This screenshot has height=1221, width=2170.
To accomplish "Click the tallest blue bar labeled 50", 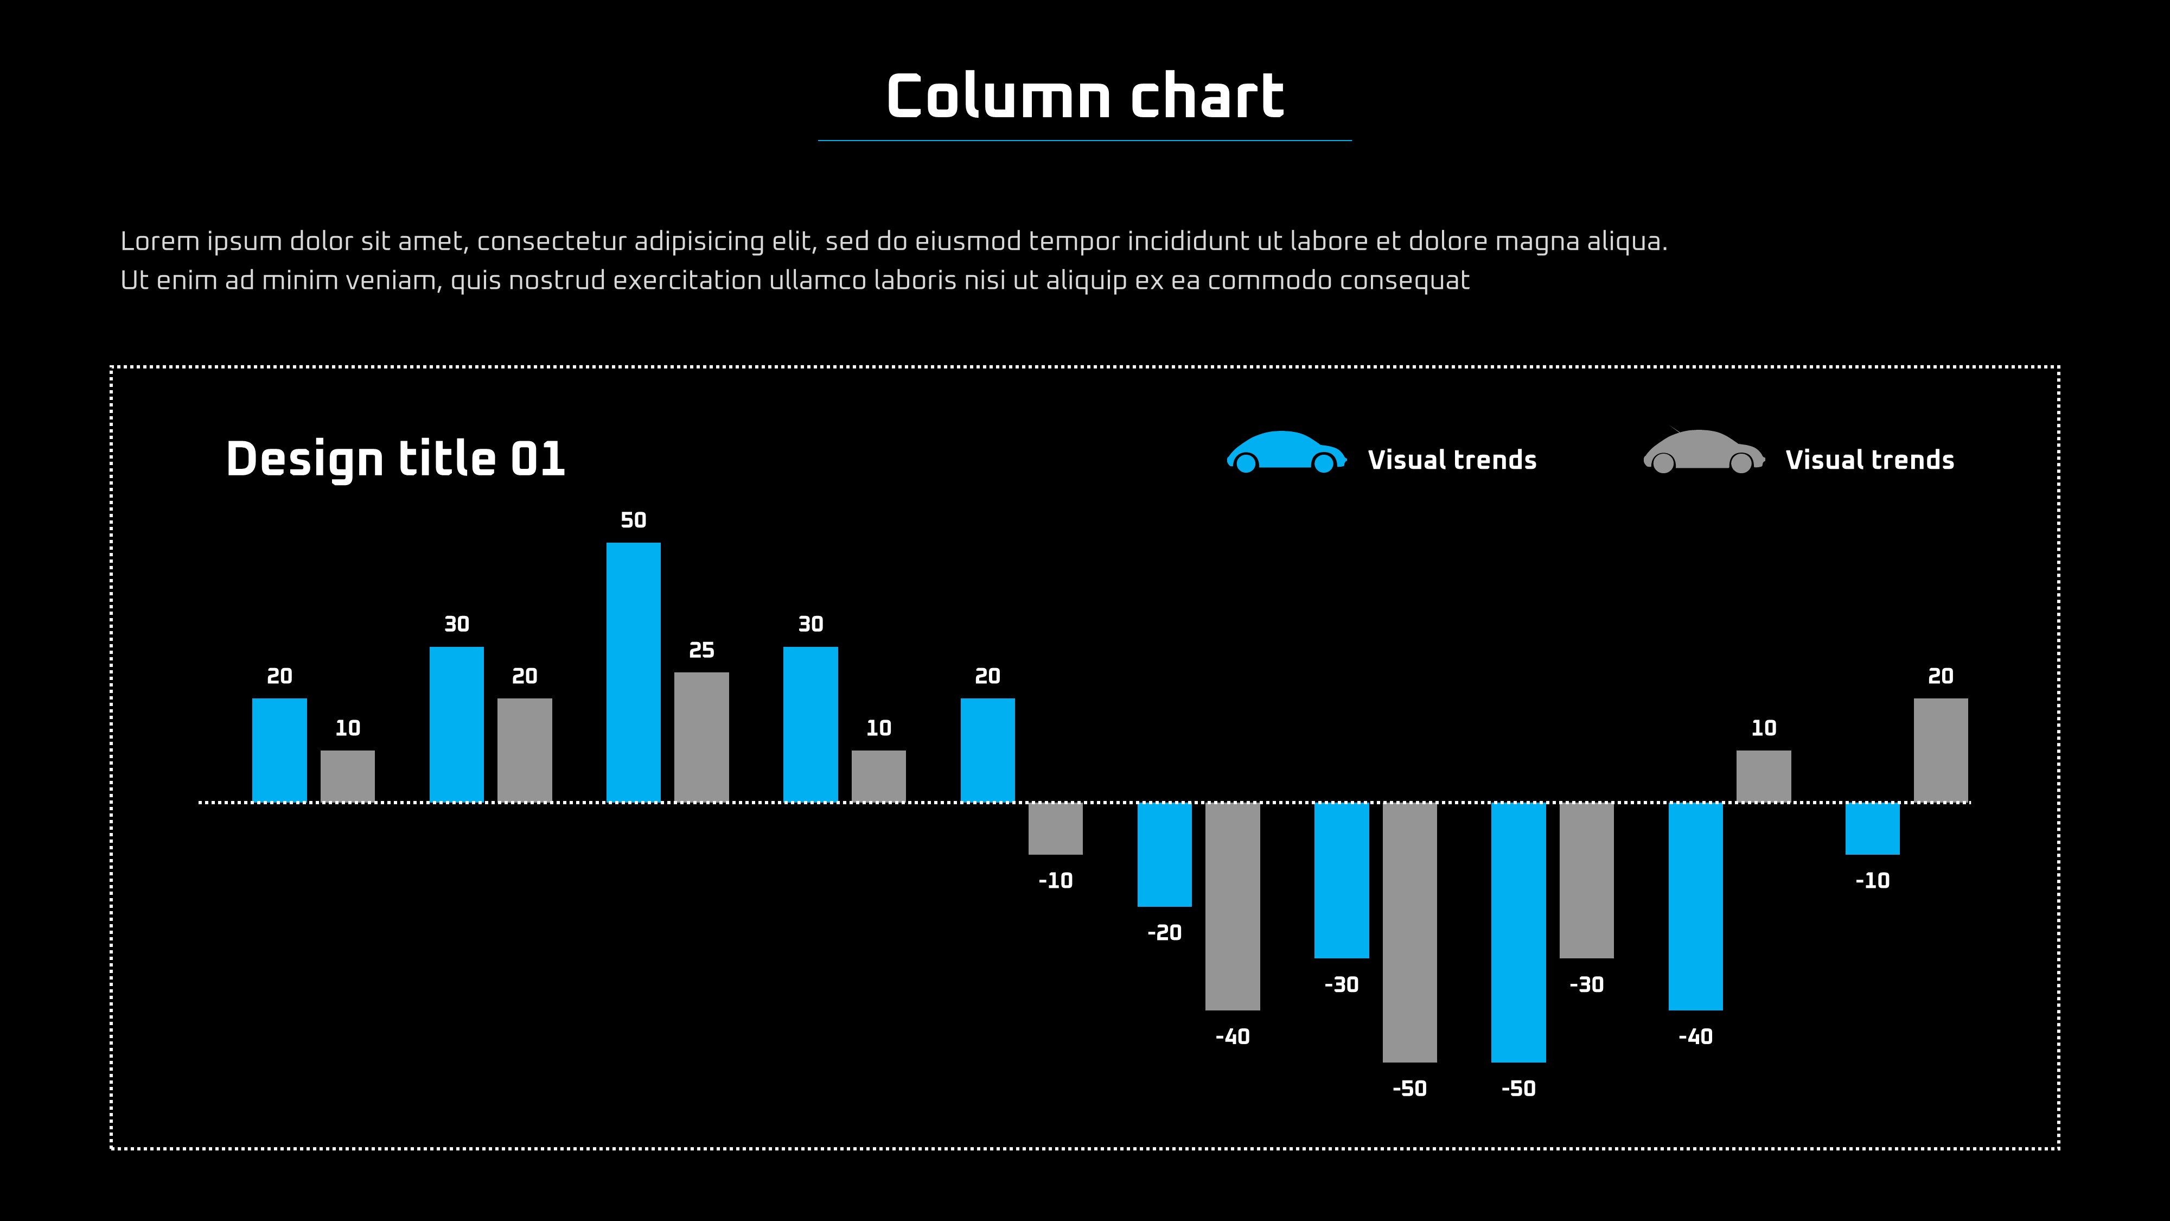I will coord(634,672).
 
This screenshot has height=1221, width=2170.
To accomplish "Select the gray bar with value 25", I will coord(701,736).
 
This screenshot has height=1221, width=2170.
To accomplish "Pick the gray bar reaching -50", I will coord(1409,932).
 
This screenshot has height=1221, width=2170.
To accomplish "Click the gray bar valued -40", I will coord(1233,906).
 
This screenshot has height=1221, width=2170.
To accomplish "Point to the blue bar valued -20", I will coord(1164,855).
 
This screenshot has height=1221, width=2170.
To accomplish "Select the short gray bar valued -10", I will coord(1056,828).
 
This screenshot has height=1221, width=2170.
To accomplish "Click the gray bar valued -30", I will coord(1586,880).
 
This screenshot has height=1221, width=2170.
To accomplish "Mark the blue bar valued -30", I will coord(1341,880).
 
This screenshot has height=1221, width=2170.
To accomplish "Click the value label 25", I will coord(701,651).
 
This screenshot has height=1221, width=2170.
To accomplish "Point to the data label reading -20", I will coord(1164,933).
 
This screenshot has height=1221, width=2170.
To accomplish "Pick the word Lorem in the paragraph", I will coord(160,242).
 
